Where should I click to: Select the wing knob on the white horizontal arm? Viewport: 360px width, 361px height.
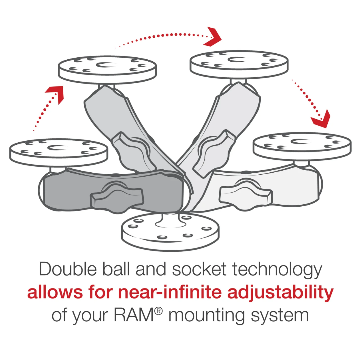(246, 195)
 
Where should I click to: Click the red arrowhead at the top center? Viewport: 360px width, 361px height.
(213, 37)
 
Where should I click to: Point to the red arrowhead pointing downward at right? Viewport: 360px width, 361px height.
(321, 120)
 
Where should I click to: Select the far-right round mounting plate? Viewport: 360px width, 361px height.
(302, 146)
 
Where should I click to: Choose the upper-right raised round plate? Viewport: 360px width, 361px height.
(239, 64)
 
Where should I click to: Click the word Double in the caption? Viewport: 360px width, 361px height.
(68, 269)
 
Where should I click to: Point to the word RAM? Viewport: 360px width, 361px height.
(134, 315)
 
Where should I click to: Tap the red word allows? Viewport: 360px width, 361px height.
(55, 292)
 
